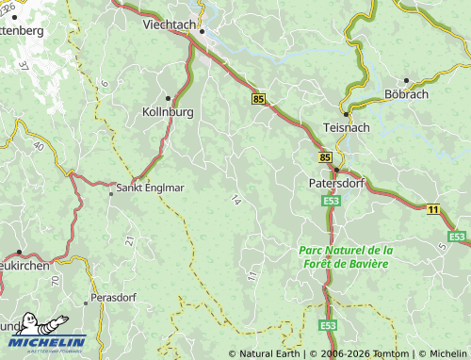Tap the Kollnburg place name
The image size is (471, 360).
[x=169, y=112]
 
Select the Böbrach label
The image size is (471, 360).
[x=406, y=94]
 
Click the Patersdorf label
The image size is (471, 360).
[x=336, y=184]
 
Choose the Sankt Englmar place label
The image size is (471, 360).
[x=151, y=188]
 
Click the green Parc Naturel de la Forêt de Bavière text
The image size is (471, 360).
[x=344, y=256]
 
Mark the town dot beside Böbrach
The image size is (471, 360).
[x=406, y=81]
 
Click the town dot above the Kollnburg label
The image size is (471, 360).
[x=169, y=98]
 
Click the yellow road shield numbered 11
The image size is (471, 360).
[x=432, y=208]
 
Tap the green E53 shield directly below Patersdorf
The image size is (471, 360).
[x=330, y=202]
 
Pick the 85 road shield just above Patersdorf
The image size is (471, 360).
[x=325, y=157]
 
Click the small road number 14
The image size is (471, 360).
[x=235, y=200]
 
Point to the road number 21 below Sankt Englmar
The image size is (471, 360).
[x=128, y=241]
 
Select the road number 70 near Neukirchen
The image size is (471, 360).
[x=56, y=280]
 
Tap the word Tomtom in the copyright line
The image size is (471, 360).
[x=386, y=353]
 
